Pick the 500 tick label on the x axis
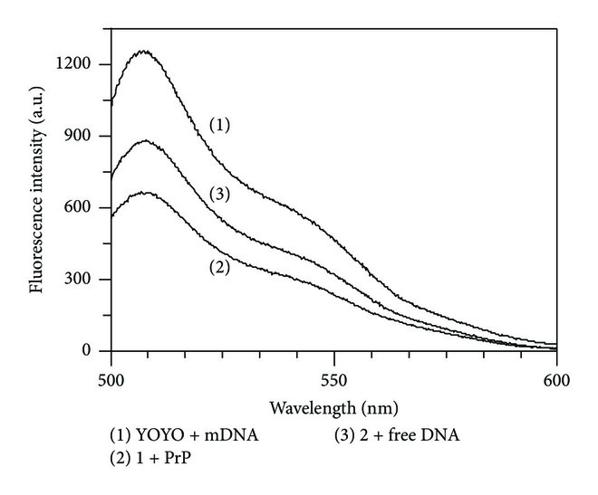point(111,372)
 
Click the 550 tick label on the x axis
point(333,372)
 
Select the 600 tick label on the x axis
point(555,372)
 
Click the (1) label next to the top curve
point(220,125)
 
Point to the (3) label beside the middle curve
point(220,194)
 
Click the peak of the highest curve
point(143,52)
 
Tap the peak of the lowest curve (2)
point(145,192)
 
